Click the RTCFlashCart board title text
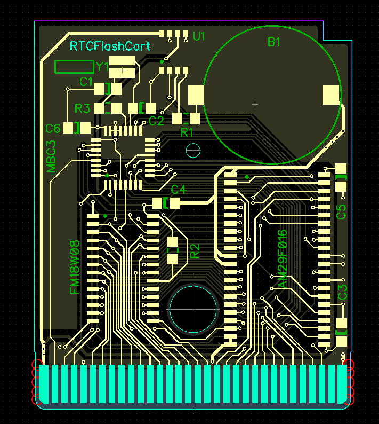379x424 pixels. click(110, 46)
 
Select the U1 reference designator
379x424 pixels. click(199, 36)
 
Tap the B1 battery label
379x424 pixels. click(274, 42)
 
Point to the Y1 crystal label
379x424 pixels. click(102, 67)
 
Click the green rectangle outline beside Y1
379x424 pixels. click(74, 67)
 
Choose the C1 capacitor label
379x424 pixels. click(86, 82)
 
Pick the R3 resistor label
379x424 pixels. click(82, 108)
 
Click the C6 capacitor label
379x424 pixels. click(53, 129)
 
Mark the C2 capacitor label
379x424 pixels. click(156, 121)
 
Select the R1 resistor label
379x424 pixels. click(187, 132)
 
